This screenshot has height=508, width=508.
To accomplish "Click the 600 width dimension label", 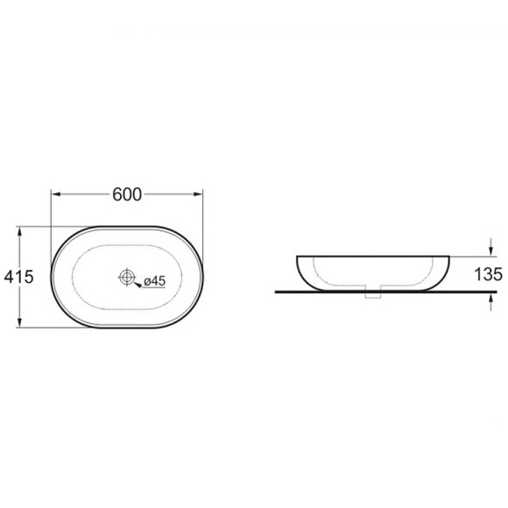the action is click(127, 194).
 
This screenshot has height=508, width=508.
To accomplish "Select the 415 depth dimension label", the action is click(18, 277).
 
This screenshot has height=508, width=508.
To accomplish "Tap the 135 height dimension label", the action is click(488, 274).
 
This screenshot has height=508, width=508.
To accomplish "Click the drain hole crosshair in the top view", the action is click(127, 277).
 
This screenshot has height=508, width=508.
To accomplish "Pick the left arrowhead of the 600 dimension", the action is click(56, 194).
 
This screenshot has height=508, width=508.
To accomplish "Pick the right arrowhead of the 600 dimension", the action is click(198, 194).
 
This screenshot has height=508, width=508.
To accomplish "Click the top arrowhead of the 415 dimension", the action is click(20, 232).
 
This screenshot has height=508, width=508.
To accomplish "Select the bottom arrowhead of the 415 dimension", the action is click(20, 322).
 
